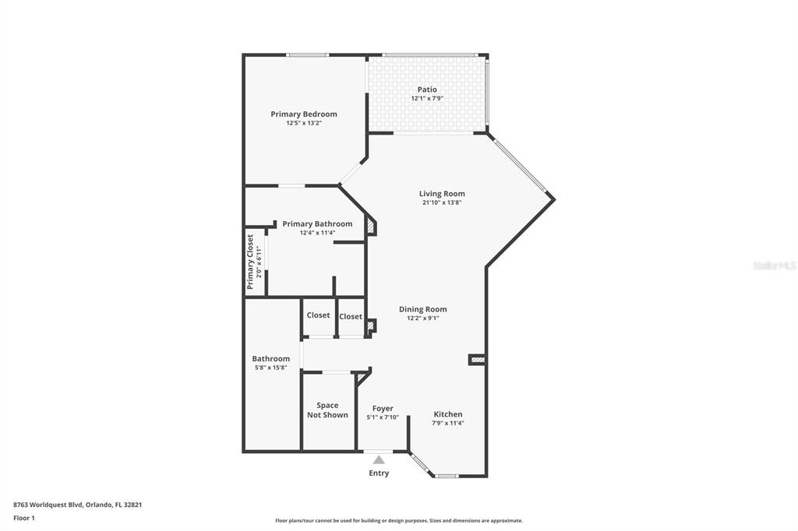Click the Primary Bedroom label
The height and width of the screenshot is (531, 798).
304,114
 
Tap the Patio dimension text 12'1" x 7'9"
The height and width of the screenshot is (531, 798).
427,99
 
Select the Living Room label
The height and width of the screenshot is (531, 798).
442,194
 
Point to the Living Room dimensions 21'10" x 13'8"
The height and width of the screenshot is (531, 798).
442,203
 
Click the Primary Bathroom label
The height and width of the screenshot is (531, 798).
317,224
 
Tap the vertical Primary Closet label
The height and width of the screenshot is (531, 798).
250,262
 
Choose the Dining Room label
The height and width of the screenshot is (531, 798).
423,309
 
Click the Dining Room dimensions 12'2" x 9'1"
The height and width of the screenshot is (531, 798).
423,318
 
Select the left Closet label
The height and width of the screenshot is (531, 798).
318,315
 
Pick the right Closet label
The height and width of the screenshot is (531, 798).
351,316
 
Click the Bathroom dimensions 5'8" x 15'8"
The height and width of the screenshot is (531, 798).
270,367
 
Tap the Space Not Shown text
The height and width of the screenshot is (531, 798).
327,410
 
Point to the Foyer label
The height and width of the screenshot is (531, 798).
383,409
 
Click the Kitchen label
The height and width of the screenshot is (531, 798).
448,414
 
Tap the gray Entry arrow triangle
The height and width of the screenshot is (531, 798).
379,460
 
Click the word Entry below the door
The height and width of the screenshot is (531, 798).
379,473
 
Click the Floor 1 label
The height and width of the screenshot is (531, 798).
24,518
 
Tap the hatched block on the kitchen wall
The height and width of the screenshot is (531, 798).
477,360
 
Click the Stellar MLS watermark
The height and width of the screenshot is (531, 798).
774,265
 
